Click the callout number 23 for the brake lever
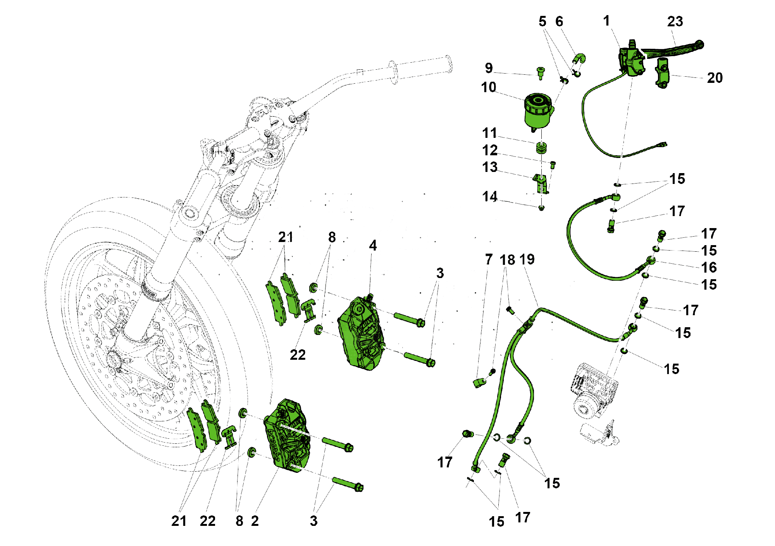click(675, 22)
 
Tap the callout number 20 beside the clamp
click(715, 78)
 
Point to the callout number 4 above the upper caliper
click(372, 245)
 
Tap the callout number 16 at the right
click(709, 267)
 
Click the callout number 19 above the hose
click(527, 259)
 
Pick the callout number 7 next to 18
click(489, 259)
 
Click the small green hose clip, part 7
click(480, 383)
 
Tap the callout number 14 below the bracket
click(489, 197)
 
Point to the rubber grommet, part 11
click(541, 148)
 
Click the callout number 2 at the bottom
click(255, 521)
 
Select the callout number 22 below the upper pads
click(298, 355)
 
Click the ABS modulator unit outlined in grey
click(593, 391)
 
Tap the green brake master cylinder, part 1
click(632, 62)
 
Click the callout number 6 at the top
click(559, 22)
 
